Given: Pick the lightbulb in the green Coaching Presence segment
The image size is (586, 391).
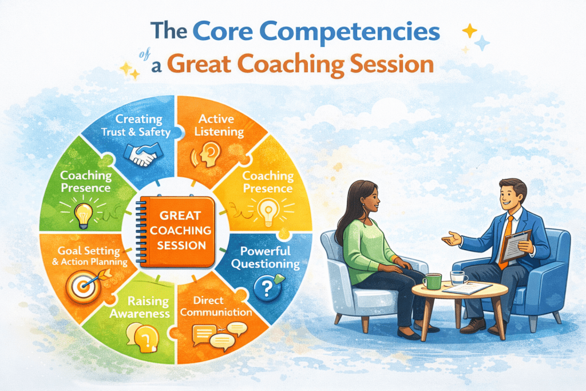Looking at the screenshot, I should click(84, 212).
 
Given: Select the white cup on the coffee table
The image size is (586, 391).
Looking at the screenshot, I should click(458, 278).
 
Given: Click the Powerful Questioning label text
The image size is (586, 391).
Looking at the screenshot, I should click(266, 257).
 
